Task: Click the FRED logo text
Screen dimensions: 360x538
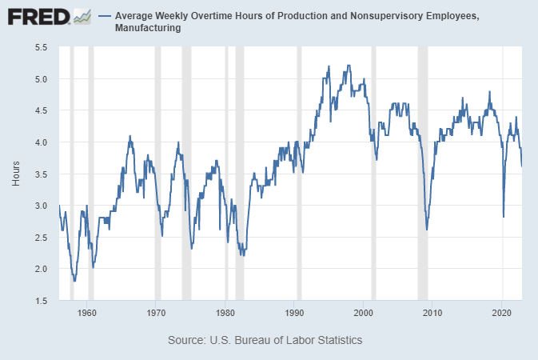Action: (x=37, y=16)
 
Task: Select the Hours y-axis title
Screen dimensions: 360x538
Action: (x=16, y=174)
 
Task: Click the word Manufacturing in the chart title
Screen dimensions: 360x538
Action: (x=149, y=29)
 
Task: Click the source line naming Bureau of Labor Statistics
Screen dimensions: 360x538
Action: (x=265, y=340)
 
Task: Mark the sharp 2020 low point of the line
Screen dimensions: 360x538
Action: (x=503, y=216)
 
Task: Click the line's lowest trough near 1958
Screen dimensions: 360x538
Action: (x=74, y=281)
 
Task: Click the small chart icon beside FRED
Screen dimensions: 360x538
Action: (x=82, y=15)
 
